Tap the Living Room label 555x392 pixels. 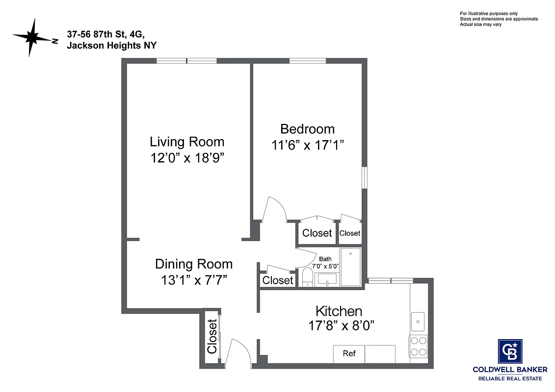(187, 142)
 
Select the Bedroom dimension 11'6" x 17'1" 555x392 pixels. (307, 145)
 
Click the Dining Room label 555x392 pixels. (194, 264)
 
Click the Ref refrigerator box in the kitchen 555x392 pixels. (349, 354)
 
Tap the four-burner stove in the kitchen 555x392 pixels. (419, 346)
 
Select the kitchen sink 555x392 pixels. (419, 321)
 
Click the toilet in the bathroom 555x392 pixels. (307, 276)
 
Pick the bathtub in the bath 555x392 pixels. (350, 267)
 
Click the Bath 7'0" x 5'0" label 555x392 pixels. (325, 262)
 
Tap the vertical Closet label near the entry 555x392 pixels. (212, 337)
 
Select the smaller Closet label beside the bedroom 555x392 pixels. (350, 233)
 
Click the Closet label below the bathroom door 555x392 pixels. (278, 280)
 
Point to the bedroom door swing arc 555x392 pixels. (276, 209)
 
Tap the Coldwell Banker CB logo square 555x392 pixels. (510, 351)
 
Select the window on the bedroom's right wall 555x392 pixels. (365, 177)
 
